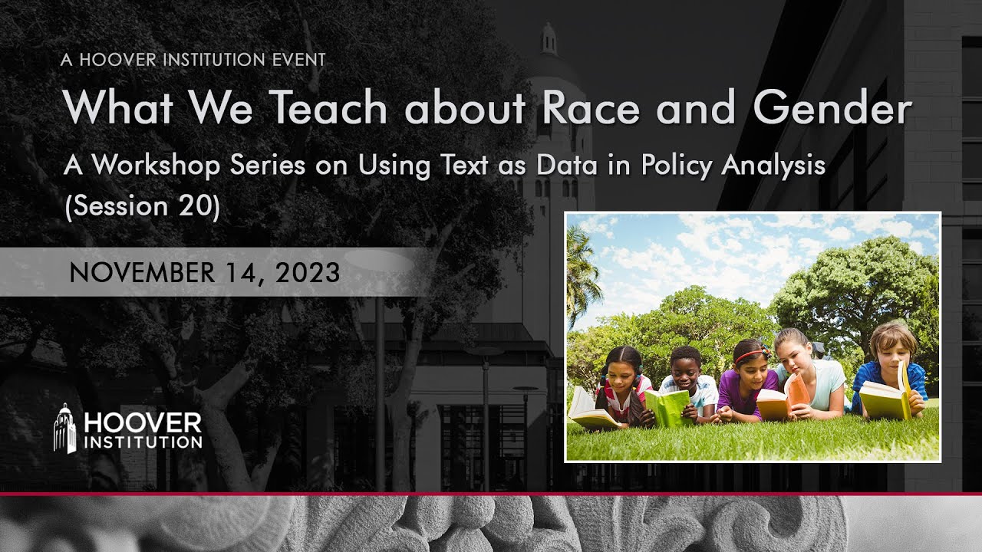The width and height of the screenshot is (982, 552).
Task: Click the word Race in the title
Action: click(x=589, y=108)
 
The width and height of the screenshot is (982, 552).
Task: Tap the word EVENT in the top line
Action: click(x=298, y=60)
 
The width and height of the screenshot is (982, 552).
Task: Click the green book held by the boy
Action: click(x=667, y=406)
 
